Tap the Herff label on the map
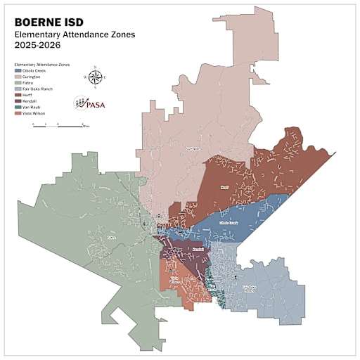tap(225, 187)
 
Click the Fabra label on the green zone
tap(110, 238)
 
